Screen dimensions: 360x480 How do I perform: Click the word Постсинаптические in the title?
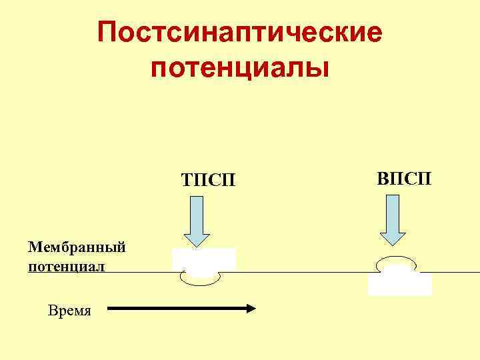240,32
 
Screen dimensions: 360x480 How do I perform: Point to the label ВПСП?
404,178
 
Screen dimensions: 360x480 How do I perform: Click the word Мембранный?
77,248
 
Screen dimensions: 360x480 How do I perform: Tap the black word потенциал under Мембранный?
67,267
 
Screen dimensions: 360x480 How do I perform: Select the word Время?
70,310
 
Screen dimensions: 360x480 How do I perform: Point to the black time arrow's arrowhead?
251,308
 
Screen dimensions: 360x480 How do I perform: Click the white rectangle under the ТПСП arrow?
204,257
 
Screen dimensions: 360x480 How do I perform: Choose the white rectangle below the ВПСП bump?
399,285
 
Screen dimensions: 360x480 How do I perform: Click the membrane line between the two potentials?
300,272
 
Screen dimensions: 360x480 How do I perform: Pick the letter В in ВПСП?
382,178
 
